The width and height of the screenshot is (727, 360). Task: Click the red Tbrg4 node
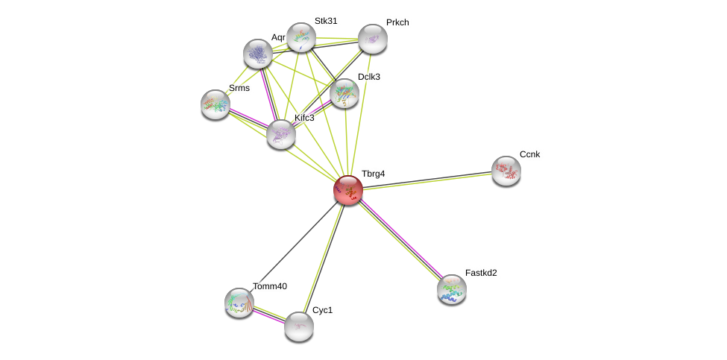tap(348, 190)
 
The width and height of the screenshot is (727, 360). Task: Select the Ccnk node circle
tap(506, 171)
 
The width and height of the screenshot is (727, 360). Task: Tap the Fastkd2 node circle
tap(452, 289)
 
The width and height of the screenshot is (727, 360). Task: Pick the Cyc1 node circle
tap(299, 326)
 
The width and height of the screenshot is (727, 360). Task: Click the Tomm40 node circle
tap(239, 302)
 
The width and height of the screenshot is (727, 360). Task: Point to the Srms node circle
tap(215, 104)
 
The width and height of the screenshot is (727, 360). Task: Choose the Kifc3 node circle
tap(281, 134)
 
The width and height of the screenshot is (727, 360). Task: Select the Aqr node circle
tap(258, 54)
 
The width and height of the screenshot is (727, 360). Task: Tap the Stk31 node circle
tap(301, 37)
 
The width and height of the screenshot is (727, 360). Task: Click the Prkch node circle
tap(373, 39)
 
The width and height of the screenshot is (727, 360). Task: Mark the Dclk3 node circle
tap(344, 93)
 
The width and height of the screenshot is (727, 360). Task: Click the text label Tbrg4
tap(373, 174)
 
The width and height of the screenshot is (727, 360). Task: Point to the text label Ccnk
tap(529, 154)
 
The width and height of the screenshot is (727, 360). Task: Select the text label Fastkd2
tap(480, 273)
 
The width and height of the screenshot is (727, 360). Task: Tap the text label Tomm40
tap(269, 286)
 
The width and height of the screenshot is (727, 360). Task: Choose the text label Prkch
tap(397, 22)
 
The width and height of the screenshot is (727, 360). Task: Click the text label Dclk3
tap(368, 77)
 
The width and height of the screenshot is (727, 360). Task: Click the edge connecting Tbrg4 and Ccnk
tap(427, 180)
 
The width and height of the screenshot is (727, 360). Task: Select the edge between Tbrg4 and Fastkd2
tap(400, 240)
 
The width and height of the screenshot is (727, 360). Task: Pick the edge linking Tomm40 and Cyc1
tap(269, 315)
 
